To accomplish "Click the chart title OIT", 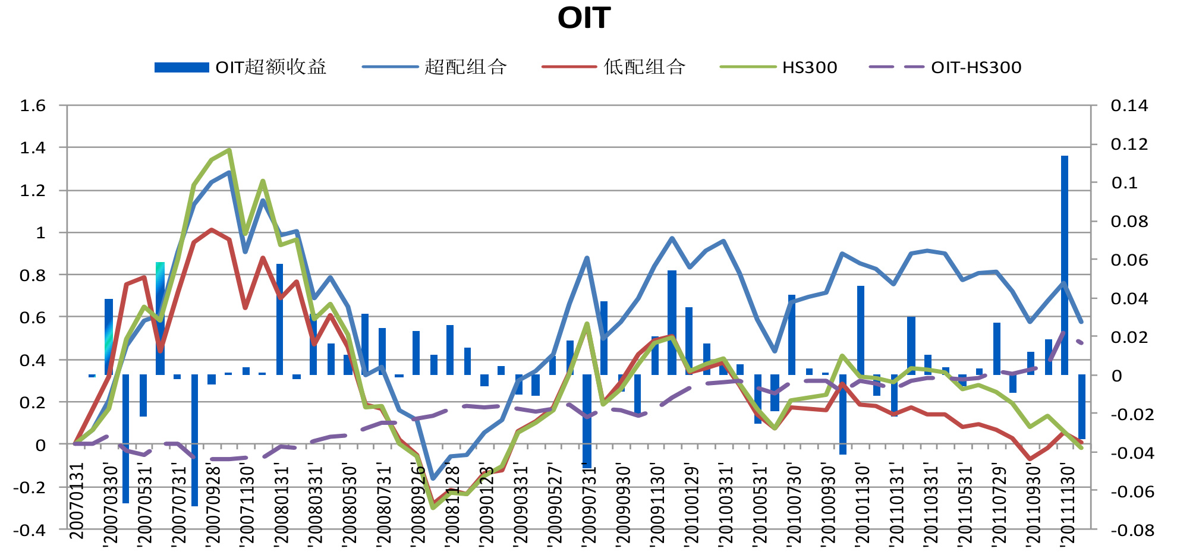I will point(584,18).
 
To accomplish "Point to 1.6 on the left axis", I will point(33,106).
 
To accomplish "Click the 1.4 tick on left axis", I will point(33,147).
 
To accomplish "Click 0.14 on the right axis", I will point(1129,106).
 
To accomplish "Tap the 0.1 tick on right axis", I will point(1124,182).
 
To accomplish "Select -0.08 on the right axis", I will point(1132,529).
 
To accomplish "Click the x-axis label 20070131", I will point(77,501).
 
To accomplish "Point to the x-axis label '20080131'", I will point(281,505).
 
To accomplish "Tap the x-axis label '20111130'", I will point(1068,505).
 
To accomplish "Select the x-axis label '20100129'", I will point(692,505).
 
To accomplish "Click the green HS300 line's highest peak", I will point(229,150).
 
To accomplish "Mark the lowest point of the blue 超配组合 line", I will point(433,478).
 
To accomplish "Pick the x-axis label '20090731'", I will point(588,505).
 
